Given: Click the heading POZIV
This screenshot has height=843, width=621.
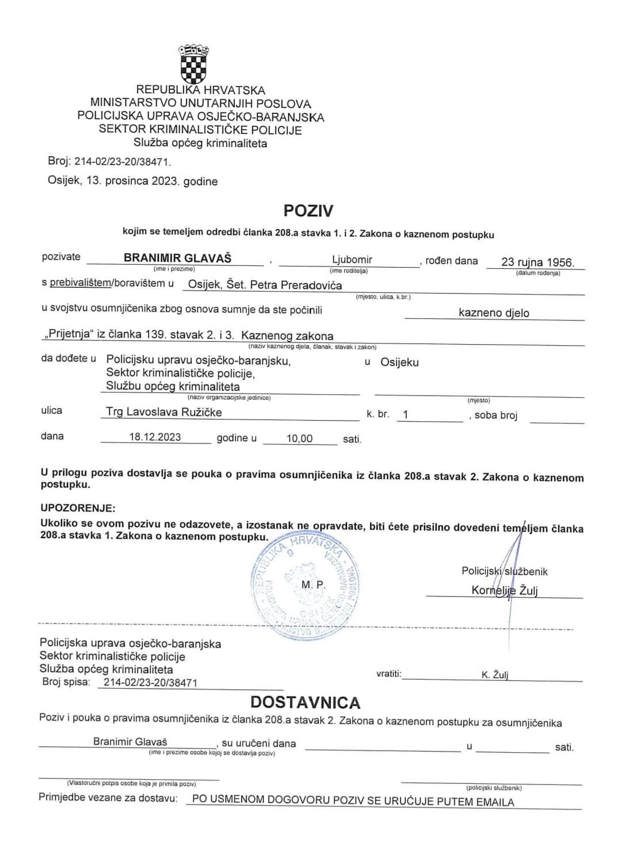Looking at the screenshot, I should [x=308, y=211].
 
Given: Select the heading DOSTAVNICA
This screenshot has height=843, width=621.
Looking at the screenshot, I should [x=306, y=702].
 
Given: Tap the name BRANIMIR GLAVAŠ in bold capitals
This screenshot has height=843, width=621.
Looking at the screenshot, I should [x=177, y=258].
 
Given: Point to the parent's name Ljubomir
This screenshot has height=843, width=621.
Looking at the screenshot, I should [x=352, y=260].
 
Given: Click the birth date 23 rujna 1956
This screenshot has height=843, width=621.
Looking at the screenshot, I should [x=537, y=262].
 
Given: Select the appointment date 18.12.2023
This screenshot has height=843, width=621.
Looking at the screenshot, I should [x=155, y=437].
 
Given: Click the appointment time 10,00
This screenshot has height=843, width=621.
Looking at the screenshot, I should [x=299, y=438].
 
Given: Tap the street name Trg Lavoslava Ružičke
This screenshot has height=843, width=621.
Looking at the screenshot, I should [x=164, y=412].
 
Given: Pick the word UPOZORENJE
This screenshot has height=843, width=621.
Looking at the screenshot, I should [x=78, y=508].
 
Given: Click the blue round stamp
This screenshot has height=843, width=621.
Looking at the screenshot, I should [x=305, y=588].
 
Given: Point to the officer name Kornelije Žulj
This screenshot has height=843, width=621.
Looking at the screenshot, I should [x=504, y=590].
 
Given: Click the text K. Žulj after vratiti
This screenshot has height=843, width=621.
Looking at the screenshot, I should [x=494, y=675].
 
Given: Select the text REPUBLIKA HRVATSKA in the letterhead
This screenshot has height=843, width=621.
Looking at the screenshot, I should [x=200, y=90].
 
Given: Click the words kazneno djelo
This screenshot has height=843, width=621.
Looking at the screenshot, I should [x=494, y=313].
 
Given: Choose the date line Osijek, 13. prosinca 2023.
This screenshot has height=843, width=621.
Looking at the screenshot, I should [x=132, y=181].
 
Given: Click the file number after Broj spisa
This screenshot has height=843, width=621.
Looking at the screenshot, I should [x=150, y=682].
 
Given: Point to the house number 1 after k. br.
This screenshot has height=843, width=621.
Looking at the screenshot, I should [x=406, y=414].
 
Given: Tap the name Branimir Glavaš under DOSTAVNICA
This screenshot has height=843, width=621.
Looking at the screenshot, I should [x=130, y=742].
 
